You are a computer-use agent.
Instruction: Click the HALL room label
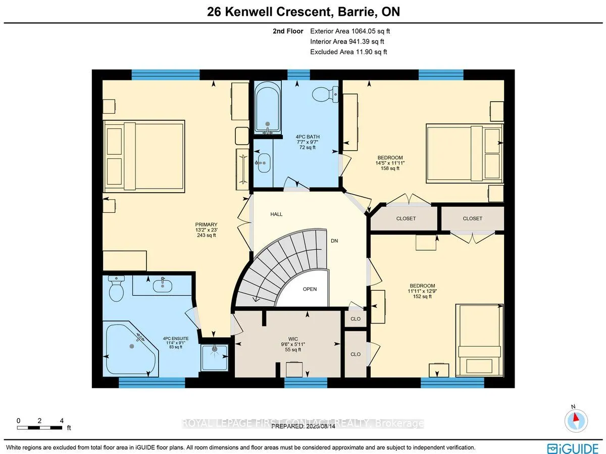click(276, 214)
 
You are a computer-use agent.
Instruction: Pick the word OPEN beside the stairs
click(310, 289)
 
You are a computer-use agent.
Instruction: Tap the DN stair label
click(334, 241)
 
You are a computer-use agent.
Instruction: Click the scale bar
click(40, 428)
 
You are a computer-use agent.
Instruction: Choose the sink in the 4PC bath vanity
click(263, 162)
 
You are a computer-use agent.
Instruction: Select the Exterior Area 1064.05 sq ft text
click(350, 31)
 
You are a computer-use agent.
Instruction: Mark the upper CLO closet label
click(356, 319)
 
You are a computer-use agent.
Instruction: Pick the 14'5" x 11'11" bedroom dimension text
click(390, 163)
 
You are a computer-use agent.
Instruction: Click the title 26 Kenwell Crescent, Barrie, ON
click(303, 12)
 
